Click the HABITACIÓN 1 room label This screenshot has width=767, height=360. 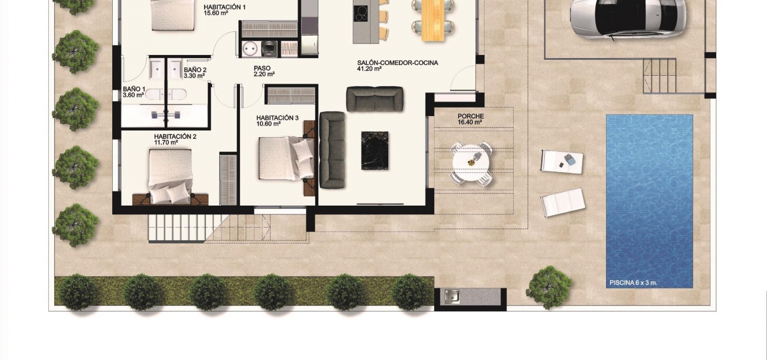[224, 7]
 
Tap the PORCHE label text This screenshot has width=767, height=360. [471, 117]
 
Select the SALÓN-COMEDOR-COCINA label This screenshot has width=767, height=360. [398, 63]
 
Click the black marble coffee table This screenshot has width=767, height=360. [375, 150]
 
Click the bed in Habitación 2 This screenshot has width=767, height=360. [170, 176]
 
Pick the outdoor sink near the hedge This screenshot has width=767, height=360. [452, 297]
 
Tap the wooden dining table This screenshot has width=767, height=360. [433, 20]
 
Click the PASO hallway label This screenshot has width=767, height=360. [262, 68]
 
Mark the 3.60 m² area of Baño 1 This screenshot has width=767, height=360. [133, 95]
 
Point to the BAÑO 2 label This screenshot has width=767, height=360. [195, 70]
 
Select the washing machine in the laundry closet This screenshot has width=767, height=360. [270, 49]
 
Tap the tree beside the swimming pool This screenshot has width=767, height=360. [549, 288]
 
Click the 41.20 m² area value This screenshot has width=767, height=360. [369, 69]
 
